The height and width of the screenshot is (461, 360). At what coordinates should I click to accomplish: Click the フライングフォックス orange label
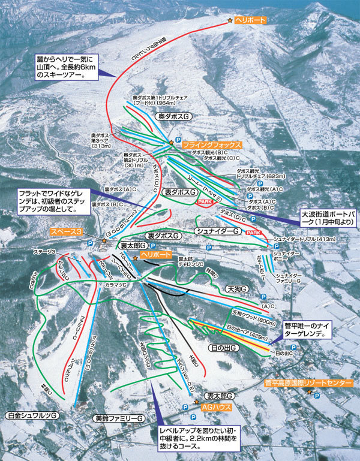click(212, 145)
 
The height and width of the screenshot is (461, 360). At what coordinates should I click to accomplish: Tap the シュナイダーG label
click(218, 231)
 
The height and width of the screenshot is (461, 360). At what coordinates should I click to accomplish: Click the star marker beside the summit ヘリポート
click(230, 21)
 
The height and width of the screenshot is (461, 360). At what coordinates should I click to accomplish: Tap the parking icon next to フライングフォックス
click(178, 140)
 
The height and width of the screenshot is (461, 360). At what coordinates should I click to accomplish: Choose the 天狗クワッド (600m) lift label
click(247, 312)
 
